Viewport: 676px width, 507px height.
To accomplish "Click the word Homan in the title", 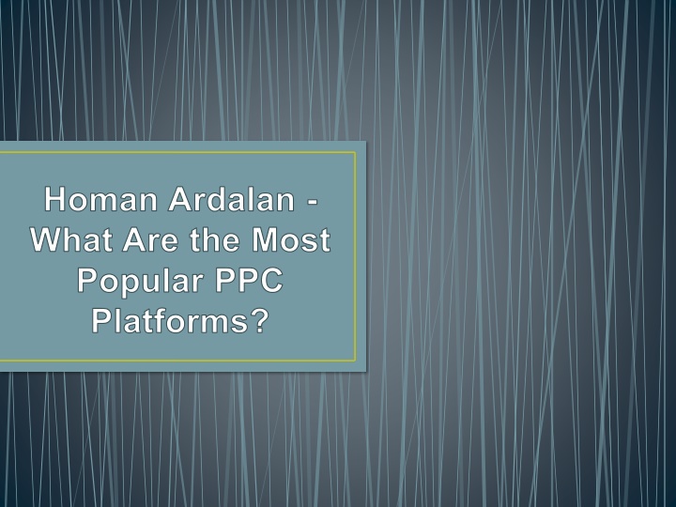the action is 100,199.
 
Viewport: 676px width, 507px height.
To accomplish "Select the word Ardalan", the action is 232,199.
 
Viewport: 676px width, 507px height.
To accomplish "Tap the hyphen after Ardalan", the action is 313,202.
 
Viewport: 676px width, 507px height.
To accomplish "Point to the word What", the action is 71,239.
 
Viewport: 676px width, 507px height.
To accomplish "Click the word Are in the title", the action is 150,239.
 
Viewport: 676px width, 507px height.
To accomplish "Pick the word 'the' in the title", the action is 215,239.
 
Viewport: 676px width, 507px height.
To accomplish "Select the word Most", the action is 291,239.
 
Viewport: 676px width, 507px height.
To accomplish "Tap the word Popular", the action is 140,281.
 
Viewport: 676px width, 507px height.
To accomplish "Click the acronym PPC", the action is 249,280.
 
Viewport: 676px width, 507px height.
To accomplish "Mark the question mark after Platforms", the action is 259,320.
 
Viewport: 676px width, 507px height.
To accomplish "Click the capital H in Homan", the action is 55,199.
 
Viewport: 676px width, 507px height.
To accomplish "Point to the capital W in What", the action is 48,239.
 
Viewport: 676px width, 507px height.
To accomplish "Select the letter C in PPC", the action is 270,280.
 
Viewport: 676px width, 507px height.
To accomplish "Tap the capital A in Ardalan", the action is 180,199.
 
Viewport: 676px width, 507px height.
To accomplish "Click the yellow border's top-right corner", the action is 356,152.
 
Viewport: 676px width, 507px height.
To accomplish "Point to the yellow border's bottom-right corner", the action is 356,361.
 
